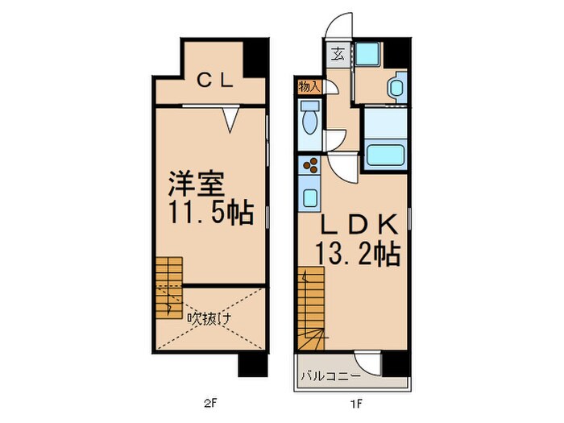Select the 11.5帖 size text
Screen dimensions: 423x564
tap(210, 214)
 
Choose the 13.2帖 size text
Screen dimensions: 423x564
tap(359, 255)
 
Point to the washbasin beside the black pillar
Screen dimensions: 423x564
tap(395, 86)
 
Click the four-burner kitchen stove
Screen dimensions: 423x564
tap(310, 167)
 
